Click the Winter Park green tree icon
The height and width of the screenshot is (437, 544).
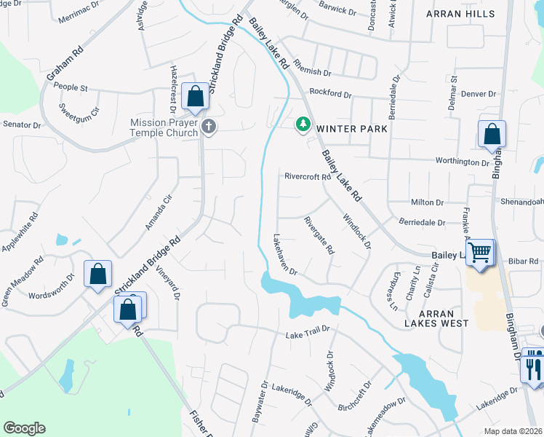303,125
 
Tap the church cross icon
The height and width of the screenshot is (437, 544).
209,127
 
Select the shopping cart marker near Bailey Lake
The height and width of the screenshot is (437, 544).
479,253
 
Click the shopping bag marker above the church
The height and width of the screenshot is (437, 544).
195,96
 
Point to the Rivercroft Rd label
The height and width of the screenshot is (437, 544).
308,176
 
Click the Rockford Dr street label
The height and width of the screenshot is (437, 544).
330,94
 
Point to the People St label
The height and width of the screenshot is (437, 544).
71,88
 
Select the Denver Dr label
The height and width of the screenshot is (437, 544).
478,94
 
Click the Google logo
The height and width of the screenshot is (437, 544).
24,428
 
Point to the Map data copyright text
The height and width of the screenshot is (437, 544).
512,430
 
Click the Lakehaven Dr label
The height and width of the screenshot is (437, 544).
284,254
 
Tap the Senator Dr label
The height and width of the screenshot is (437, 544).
21,125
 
